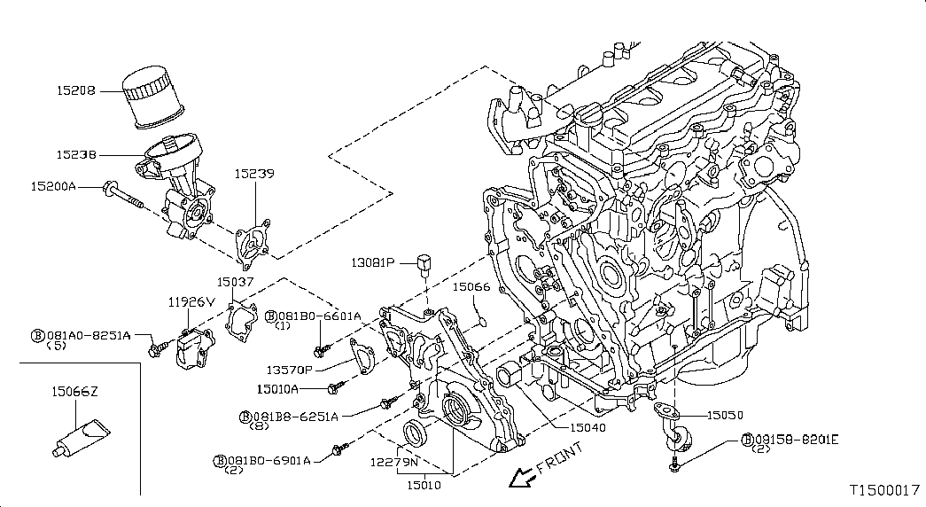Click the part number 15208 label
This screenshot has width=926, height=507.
tap(75, 91)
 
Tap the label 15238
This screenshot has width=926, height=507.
tap(76, 155)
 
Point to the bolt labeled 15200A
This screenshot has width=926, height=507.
tap(124, 196)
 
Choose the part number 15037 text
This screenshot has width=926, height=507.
tap(235, 282)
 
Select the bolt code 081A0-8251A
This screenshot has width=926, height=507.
tap(89, 335)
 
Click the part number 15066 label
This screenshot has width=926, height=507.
tap(471, 287)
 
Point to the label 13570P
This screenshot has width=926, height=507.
tap(290, 370)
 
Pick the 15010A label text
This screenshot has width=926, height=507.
tap(277, 389)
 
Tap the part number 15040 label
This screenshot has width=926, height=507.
tap(588, 427)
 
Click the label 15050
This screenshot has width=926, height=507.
tap(725, 416)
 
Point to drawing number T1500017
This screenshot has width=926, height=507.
tap(885, 490)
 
